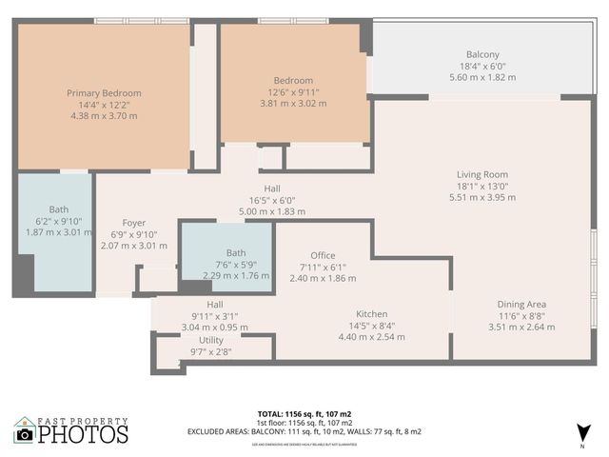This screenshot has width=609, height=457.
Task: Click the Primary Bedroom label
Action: [104, 92]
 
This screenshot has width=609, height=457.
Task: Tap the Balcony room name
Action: [482, 54]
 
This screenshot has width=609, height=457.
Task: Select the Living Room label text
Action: [482, 174]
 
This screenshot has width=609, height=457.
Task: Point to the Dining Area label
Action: [521, 304]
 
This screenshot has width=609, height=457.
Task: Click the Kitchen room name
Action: [371, 313]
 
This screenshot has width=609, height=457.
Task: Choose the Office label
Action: [323, 255]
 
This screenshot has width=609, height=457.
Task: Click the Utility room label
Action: [211, 340]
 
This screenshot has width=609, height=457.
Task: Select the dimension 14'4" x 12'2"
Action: [104, 105]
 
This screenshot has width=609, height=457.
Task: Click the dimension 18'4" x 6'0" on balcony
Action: [482, 67]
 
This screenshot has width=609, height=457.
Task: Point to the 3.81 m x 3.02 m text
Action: [293, 104]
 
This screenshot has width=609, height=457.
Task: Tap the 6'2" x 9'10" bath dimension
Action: [59, 221]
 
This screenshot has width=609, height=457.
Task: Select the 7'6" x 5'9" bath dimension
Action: [236, 264]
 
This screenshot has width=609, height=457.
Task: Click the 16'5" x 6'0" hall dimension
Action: [272, 200]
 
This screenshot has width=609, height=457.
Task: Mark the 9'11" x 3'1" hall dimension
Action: [215, 315]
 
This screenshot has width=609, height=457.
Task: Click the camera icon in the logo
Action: [25, 434]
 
